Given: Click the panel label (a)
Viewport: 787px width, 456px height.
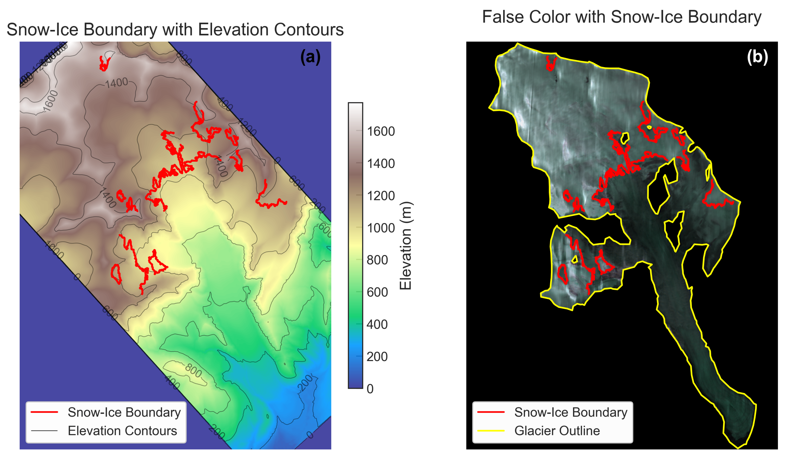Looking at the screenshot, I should [x=310, y=57].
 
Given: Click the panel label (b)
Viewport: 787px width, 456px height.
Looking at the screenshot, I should [x=757, y=57].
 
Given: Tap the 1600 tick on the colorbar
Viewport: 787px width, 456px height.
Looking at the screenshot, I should [x=381, y=131].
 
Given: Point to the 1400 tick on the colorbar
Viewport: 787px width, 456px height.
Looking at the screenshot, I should [x=381, y=164].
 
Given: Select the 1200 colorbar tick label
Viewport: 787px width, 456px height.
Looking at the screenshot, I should [x=381, y=196].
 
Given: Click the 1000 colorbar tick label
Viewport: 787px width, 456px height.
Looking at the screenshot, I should [x=381, y=228].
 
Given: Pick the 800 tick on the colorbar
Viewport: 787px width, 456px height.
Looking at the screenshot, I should [x=377, y=260].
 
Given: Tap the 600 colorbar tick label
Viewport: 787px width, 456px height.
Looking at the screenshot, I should [x=377, y=292].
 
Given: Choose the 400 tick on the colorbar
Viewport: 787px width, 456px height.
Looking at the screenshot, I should [x=377, y=325].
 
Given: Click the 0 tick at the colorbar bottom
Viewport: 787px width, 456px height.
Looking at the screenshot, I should [x=370, y=389].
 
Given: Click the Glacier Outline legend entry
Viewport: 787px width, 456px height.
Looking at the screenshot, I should [x=557, y=431].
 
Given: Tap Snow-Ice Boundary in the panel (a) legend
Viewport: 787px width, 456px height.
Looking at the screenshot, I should [x=124, y=412].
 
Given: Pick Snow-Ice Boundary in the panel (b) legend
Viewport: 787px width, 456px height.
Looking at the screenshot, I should [x=571, y=412].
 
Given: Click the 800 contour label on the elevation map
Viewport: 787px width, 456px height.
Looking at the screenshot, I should [x=193, y=371].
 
